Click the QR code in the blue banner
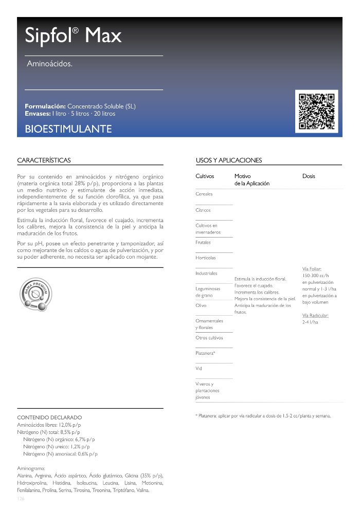click(x=317, y=111)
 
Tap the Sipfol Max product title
click(x=73, y=35)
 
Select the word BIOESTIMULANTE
click(x=68, y=129)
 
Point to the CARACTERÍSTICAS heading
click(x=44, y=160)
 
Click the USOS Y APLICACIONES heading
click(x=229, y=160)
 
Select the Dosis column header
click(x=309, y=176)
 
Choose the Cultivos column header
click(x=205, y=176)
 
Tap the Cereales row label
click(x=204, y=194)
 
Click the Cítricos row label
click(x=203, y=210)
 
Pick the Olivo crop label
click(x=201, y=305)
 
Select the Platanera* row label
click(x=205, y=353)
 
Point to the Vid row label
click(x=199, y=369)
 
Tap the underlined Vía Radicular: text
click(x=315, y=315)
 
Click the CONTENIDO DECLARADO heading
click(x=49, y=417)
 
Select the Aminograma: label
click(x=31, y=468)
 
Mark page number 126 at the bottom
click(x=21, y=499)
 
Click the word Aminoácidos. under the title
click(x=49, y=64)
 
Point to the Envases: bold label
click(x=38, y=113)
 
